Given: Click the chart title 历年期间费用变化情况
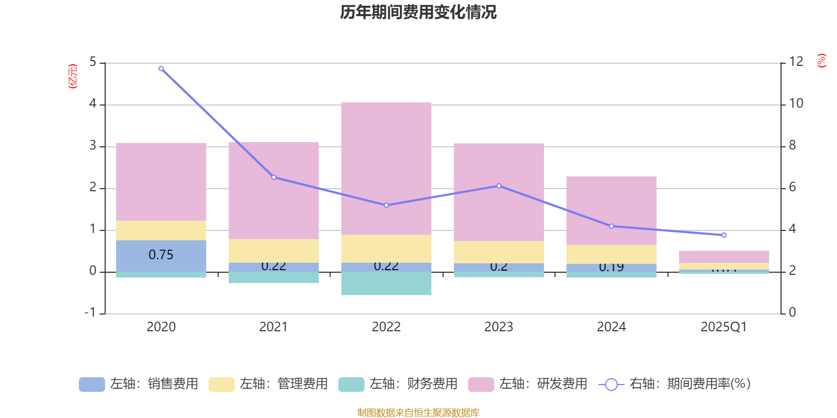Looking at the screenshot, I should [x=418, y=12].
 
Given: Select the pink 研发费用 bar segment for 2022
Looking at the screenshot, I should [x=386, y=168].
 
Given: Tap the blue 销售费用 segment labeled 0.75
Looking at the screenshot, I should [x=161, y=255].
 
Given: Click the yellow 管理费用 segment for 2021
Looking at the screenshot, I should [x=274, y=251].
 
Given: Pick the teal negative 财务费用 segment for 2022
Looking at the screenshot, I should [x=386, y=283].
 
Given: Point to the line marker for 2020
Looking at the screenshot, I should [x=161, y=68].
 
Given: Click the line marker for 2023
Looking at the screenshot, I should [x=499, y=185].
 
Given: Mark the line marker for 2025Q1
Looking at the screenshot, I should [x=724, y=235].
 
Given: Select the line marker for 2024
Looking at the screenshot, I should [x=612, y=226].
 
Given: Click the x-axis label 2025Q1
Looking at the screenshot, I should [x=723, y=327].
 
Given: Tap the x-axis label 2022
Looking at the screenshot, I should [x=386, y=327].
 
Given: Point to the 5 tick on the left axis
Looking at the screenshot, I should [x=93, y=62].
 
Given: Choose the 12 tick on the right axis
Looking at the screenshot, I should [x=796, y=62].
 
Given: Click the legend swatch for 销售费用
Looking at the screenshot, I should [x=92, y=385].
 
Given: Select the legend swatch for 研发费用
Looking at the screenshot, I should [x=481, y=385].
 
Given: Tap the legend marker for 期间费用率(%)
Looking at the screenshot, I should [x=611, y=385].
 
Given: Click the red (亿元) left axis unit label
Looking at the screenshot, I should [x=73, y=76].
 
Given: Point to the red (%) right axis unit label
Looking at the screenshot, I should [x=822, y=61].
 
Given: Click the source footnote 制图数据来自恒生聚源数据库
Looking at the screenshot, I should [x=418, y=413].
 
